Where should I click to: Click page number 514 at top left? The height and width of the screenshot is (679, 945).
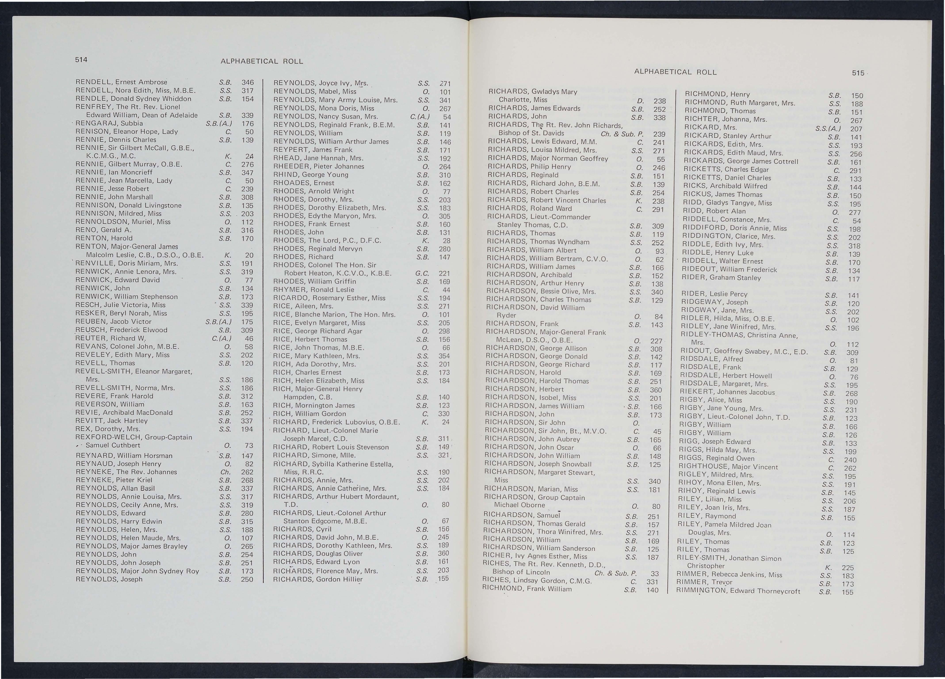pyautogui.click(x=81, y=60)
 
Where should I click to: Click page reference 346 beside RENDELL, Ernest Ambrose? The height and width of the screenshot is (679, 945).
pyautogui.click(x=248, y=82)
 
